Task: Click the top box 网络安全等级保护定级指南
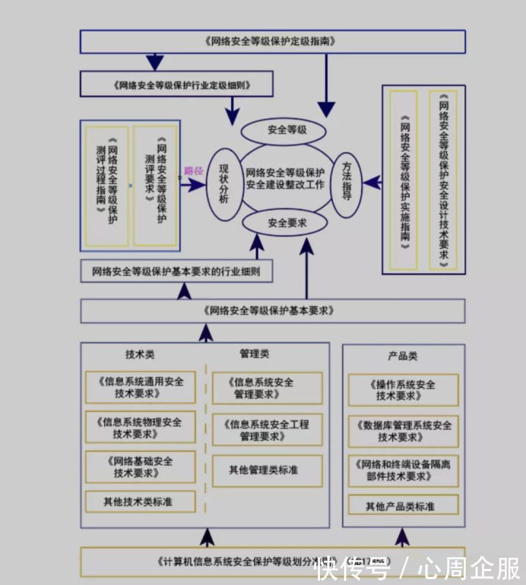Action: [x=272, y=42]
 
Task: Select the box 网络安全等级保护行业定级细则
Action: [x=177, y=85]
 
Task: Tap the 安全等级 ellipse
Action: [x=286, y=131]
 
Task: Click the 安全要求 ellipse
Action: [x=286, y=223]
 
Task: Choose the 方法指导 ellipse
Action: [x=348, y=183]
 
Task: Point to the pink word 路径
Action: [x=194, y=169]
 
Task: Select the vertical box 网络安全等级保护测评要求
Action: [x=156, y=186]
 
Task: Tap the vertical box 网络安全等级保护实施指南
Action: [x=403, y=180]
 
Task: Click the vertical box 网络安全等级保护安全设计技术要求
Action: [x=443, y=180]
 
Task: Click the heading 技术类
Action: [x=140, y=354]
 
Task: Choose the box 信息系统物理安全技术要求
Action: [x=140, y=427]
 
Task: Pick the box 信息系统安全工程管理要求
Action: [x=267, y=430]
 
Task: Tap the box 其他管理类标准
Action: [x=267, y=470]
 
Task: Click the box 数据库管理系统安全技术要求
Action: [x=403, y=431]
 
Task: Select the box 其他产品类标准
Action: [x=403, y=505]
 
